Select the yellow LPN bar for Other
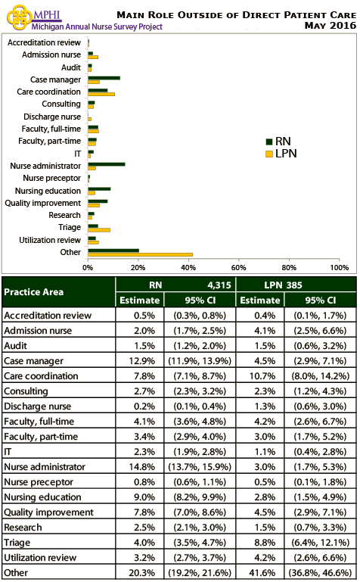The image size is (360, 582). [x=140, y=254]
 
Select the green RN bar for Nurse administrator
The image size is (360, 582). [x=107, y=163]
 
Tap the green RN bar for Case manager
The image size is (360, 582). [x=104, y=77]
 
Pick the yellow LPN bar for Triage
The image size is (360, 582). [x=99, y=229]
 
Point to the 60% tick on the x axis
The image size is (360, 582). [x=239, y=268]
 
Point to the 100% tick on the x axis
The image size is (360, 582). [x=339, y=268]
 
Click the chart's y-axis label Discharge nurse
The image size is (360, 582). [x=51, y=117]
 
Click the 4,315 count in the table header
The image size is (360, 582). [x=215, y=285]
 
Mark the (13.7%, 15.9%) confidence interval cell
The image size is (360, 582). [x=198, y=467]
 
